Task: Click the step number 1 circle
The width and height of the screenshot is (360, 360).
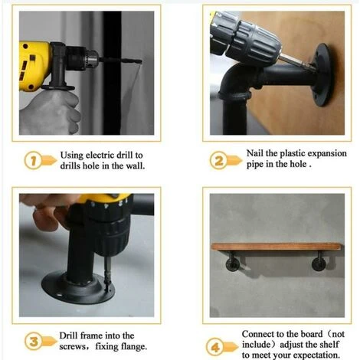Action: click(33, 160)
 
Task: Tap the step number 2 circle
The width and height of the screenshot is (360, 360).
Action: click(218, 160)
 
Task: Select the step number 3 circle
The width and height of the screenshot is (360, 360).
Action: click(34, 341)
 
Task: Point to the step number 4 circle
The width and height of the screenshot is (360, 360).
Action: click(215, 347)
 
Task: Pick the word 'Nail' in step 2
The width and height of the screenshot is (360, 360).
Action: click(254, 153)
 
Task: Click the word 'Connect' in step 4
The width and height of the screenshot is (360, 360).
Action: click(256, 334)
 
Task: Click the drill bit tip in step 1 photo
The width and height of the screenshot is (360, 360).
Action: click(140, 61)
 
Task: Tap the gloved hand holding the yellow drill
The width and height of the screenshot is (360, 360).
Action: click(50, 113)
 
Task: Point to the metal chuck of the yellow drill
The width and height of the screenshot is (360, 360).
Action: click(91, 58)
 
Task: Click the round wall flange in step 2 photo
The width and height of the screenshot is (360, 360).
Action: click(323, 74)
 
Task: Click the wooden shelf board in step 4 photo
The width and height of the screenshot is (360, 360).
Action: click(277, 247)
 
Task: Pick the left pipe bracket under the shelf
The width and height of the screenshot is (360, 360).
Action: click(233, 261)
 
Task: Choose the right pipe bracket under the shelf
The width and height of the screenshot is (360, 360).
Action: click(319, 261)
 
